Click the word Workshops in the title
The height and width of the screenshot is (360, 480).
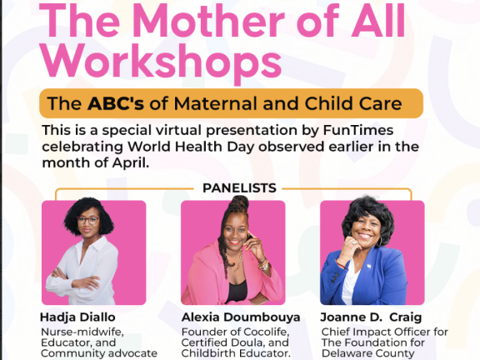(x=162, y=62)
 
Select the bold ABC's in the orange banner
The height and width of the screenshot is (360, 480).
(x=115, y=103)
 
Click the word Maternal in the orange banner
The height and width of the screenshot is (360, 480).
(x=216, y=103)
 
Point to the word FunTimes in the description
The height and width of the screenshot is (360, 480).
(x=358, y=130)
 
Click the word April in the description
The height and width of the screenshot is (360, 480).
(x=130, y=163)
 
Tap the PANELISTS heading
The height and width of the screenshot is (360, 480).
(x=239, y=188)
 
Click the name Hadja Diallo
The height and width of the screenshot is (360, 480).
(x=77, y=317)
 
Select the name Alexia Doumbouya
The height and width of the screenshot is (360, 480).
(x=241, y=317)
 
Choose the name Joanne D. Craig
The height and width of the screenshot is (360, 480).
(x=371, y=317)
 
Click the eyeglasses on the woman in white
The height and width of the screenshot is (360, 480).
(x=87, y=220)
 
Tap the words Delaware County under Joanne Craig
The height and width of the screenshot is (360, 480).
(x=368, y=353)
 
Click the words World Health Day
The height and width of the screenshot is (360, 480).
(x=191, y=147)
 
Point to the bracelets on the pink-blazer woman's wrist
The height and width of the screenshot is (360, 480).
(x=263, y=264)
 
